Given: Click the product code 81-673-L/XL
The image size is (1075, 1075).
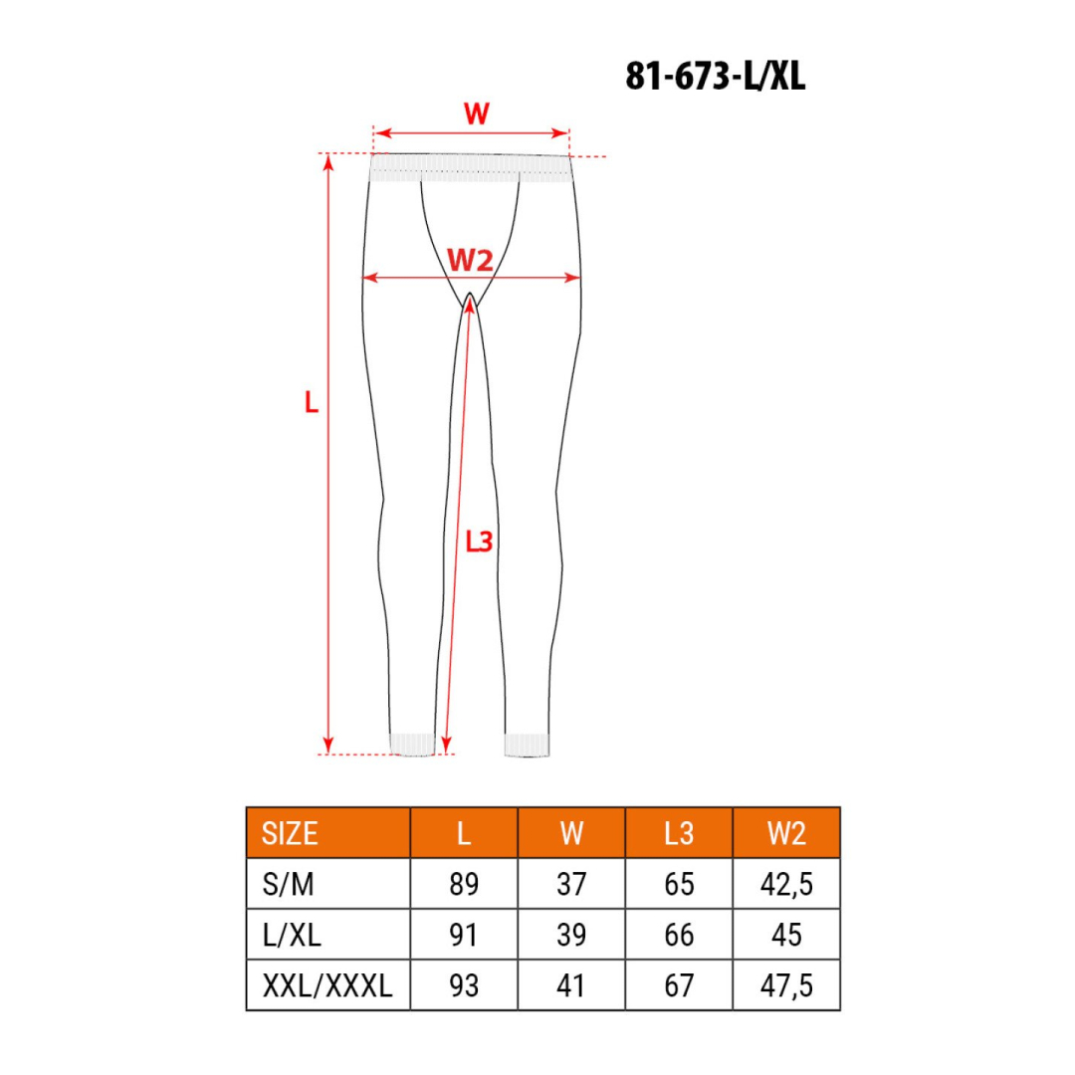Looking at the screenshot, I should (x=715, y=77).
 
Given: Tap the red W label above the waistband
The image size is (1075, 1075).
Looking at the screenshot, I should (x=477, y=114).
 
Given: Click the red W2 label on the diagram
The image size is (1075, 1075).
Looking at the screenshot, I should (x=471, y=261).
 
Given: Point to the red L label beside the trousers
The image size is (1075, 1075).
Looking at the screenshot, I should (x=312, y=403).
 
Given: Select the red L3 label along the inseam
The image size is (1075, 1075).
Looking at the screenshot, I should (x=480, y=541).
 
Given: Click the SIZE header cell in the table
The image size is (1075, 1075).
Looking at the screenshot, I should (x=290, y=833).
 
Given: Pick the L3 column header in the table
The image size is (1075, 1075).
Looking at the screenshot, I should (x=679, y=833).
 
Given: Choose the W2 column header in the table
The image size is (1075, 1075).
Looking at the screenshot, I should (x=786, y=833).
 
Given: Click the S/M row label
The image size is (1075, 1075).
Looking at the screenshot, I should (x=289, y=884).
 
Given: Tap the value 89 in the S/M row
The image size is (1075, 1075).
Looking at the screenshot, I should (x=464, y=884).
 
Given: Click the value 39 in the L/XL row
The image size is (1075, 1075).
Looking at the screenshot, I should (x=571, y=935).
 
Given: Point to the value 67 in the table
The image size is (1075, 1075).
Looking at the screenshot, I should (x=679, y=985).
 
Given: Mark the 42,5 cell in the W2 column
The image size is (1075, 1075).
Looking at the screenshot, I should (x=786, y=884).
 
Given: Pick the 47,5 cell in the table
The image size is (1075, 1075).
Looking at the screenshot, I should (x=786, y=985).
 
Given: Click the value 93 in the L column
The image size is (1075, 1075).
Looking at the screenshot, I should (x=464, y=985).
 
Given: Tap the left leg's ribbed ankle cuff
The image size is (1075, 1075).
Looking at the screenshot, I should (x=411, y=744).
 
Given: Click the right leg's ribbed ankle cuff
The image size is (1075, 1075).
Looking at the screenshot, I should (x=527, y=745).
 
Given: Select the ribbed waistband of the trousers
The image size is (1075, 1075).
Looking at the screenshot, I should (x=471, y=167).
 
